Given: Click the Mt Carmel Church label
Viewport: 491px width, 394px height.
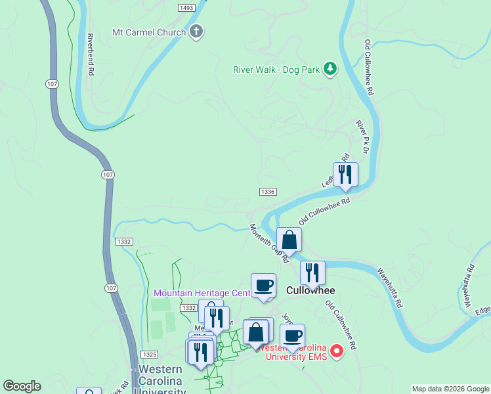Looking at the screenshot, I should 150,32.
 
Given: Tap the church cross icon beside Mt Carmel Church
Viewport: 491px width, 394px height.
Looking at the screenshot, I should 196,32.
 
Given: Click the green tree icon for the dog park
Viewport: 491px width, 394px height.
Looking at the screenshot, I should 330,68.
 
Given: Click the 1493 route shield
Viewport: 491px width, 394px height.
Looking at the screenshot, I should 186,7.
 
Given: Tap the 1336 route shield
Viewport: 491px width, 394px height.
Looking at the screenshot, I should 267,192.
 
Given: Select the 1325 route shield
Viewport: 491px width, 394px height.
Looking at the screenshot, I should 148,355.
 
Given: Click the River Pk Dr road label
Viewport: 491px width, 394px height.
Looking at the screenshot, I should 362,133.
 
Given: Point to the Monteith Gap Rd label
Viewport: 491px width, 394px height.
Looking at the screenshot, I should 269,244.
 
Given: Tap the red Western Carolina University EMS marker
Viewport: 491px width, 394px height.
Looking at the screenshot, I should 337,352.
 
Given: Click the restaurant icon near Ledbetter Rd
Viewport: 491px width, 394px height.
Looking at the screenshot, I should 345,175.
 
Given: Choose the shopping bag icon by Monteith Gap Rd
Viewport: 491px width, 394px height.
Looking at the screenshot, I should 289,240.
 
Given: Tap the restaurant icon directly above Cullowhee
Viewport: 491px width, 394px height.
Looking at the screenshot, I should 312,273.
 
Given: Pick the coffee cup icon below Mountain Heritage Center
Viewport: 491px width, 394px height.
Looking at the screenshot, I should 264,286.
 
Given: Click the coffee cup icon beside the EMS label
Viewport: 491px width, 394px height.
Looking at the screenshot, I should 292,336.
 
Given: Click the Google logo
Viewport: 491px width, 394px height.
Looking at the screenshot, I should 22,386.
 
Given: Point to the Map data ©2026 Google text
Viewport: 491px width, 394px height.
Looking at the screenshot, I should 450,389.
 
